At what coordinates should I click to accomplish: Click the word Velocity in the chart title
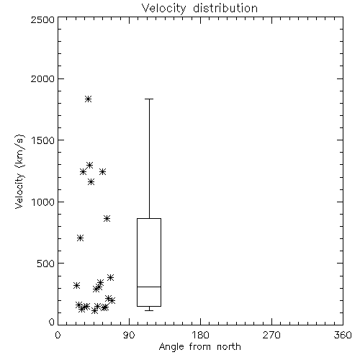pyautogui.click(x=163, y=9)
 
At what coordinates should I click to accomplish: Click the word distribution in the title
pyautogui.click(x=225, y=8)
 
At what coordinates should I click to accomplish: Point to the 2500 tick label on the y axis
pyautogui.click(x=42, y=19)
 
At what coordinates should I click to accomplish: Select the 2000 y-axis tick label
pyautogui.click(x=42, y=78)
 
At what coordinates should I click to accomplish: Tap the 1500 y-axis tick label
pyautogui.click(x=43, y=140)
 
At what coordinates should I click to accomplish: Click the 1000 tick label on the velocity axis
pyautogui.click(x=43, y=202)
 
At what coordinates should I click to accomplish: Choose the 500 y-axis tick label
pyautogui.click(x=45, y=264)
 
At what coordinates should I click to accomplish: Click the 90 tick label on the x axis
pyautogui.click(x=129, y=335)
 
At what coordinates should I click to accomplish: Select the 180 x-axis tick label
pyautogui.click(x=200, y=335)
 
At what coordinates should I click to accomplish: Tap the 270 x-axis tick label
pyautogui.click(x=271, y=335)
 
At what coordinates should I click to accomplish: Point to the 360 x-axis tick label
pyautogui.click(x=343, y=335)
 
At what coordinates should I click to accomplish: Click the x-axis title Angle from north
pyautogui.click(x=200, y=347)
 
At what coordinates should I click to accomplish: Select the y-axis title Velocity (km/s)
pyautogui.click(x=19, y=171)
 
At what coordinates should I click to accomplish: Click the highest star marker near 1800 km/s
pyautogui.click(x=88, y=99)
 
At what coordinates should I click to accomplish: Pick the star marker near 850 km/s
pyautogui.click(x=107, y=219)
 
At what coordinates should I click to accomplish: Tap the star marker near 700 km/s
pyautogui.click(x=80, y=238)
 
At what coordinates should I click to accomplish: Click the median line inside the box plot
pyautogui.click(x=149, y=287)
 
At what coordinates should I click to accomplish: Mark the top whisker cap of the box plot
pyautogui.click(x=149, y=99)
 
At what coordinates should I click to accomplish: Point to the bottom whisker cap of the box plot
pyautogui.click(x=149, y=310)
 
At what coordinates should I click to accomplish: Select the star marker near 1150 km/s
pyautogui.click(x=91, y=182)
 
